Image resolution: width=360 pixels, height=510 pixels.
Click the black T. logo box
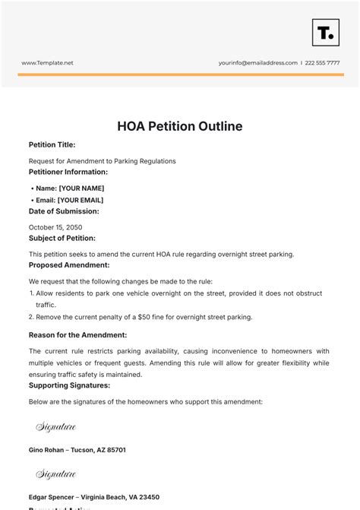[x=325, y=32]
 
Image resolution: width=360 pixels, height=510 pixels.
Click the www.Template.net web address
[x=47, y=63]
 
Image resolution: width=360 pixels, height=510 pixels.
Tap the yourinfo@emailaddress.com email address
[x=258, y=63]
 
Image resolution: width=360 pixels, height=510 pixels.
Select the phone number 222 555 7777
[x=326, y=63]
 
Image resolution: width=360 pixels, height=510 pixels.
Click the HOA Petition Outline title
[x=180, y=125]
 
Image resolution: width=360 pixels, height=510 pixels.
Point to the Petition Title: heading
[x=52, y=144]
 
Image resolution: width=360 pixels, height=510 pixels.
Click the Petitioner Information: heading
[x=68, y=172]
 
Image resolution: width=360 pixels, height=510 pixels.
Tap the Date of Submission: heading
[x=64, y=211]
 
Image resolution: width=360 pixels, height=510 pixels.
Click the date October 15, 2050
[x=55, y=227]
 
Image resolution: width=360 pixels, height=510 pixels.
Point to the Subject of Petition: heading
[x=62, y=238]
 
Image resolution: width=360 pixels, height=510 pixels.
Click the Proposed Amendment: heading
[x=69, y=265]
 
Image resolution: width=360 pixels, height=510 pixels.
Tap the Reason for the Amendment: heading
[x=77, y=334]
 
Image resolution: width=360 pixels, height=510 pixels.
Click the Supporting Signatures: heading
[x=70, y=385]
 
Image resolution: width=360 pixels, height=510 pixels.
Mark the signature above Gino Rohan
[x=56, y=427]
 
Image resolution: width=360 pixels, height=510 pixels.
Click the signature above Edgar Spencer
[x=56, y=474]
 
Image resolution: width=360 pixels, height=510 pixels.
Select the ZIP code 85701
[x=115, y=450]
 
